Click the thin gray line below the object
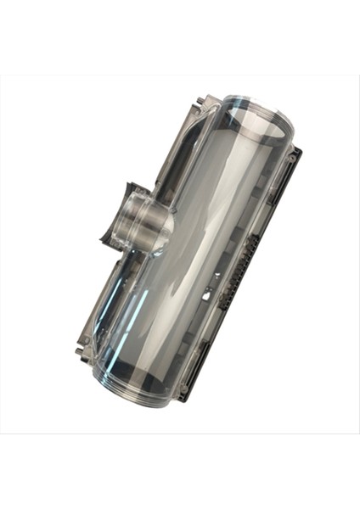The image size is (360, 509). tap(180, 433)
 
